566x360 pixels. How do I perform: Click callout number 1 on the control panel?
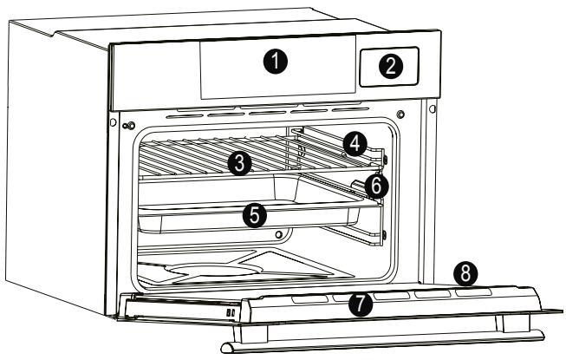coord(275,62)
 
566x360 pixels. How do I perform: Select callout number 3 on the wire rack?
coord(241,162)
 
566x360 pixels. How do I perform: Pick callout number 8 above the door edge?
coord(465,273)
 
